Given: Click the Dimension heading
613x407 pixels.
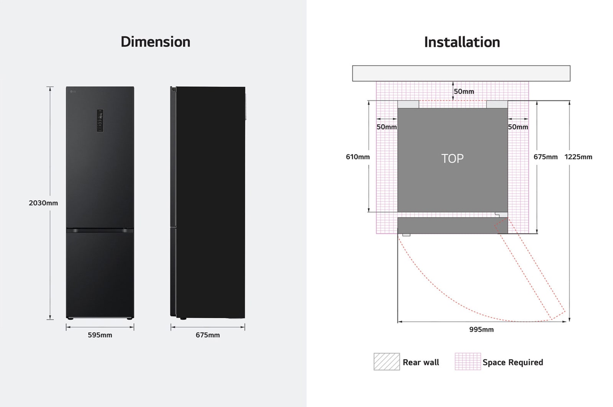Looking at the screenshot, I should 155,42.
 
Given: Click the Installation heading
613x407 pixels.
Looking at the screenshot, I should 462,42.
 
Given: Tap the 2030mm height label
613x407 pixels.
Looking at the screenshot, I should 43,203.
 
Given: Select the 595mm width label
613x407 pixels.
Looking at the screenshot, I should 100,335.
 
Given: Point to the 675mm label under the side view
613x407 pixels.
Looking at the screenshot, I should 208,335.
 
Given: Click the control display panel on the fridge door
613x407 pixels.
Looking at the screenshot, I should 100,120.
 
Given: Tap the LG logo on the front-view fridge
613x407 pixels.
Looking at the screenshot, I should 73,91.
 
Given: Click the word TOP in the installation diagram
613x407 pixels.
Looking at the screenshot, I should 452,158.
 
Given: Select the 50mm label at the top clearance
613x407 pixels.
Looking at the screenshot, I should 464,92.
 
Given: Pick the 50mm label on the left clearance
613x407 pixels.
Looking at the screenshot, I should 387,127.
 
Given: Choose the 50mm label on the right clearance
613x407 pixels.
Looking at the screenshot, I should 518,127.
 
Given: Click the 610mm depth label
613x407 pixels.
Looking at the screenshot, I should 358,157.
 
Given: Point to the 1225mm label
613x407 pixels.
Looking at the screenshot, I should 578,157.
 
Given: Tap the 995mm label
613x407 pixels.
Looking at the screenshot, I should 481,330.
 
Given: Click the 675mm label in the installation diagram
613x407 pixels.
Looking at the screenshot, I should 546,157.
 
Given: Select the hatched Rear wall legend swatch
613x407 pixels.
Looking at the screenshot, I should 387,362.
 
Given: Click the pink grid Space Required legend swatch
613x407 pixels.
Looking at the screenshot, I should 467,362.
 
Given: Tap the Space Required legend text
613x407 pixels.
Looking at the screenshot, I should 513,363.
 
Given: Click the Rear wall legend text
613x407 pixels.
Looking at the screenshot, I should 421,363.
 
